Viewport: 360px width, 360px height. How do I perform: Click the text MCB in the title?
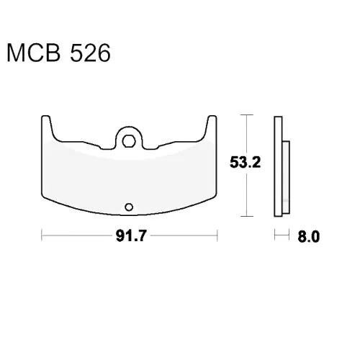34,53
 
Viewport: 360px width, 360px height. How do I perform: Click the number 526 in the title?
90,53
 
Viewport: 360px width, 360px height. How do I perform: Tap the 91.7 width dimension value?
131,235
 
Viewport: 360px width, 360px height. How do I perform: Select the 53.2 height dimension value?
245,162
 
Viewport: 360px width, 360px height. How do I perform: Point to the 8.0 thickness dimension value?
309,236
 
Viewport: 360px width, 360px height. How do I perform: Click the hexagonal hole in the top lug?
129,141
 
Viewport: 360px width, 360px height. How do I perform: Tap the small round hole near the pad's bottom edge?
129,207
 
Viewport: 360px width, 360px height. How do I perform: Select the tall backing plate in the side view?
278,166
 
